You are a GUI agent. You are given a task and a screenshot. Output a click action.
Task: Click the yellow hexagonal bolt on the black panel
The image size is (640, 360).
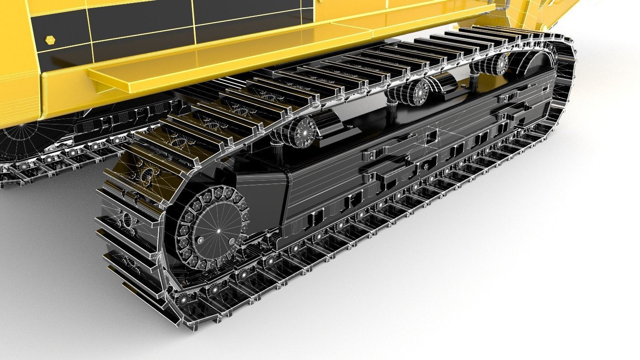click(50, 40)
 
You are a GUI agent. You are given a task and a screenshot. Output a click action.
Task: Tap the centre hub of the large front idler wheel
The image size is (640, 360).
click(218, 231)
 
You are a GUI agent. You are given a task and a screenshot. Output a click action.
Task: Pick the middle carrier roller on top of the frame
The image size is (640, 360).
click(418, 92)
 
